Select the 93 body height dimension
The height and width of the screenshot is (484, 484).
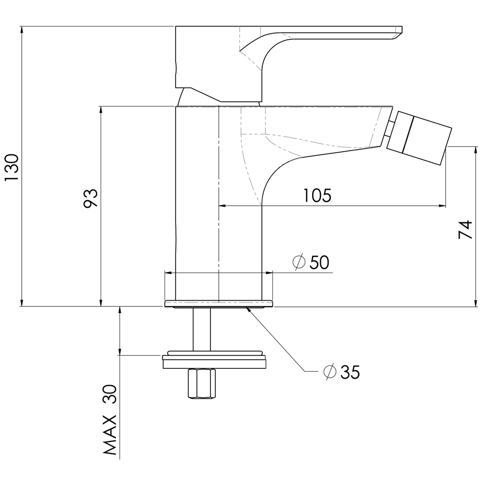click(x=91, y=198)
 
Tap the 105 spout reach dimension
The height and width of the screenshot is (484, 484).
click(x=318, y=195)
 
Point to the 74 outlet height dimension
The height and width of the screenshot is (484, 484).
click(x=465, y=229)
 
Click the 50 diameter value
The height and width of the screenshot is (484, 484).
click(x=319, y=262)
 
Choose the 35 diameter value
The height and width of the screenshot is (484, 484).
click(x=350, y=372)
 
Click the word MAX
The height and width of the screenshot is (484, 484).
click(x=110, y=435)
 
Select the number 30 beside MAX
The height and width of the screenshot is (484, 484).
click(x=110, y=394)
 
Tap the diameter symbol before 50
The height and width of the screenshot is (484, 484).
click(x=299, y=262)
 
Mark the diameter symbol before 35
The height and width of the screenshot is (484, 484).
click(x=330, y=372)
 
